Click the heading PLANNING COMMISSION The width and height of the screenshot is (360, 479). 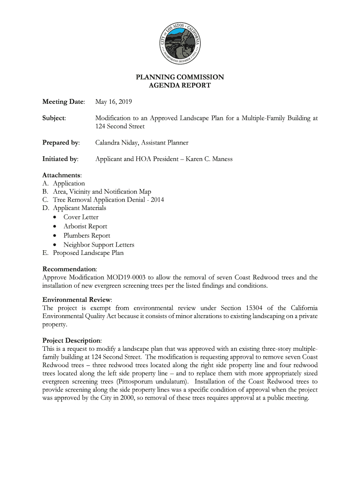pos(180,77)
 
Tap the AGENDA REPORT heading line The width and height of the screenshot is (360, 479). pos(180,86)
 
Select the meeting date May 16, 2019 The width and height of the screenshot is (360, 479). pos(114,102)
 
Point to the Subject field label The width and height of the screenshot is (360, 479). pos(54,118)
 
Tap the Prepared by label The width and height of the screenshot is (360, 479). pos(61,143)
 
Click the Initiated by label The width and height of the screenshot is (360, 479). pos(60,159)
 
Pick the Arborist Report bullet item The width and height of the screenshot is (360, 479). pos(85,226)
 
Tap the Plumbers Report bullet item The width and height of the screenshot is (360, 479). pos(87,236)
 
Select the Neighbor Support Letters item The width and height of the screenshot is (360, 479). pos(99,245)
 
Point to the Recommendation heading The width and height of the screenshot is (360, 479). pos(70,269)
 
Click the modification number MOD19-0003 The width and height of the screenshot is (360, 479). pos(126,277)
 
